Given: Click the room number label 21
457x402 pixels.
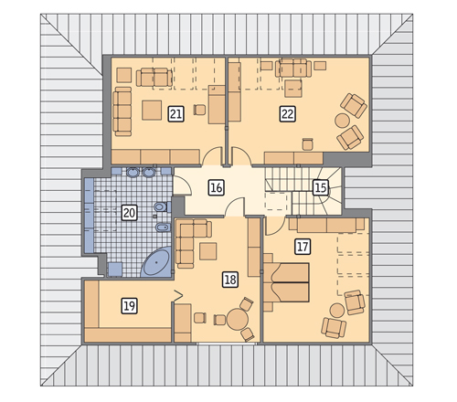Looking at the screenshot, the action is click(x=175, y=114).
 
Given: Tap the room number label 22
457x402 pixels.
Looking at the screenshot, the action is click(x=287, y=114).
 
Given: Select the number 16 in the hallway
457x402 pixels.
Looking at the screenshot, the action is click(x=217, y=187).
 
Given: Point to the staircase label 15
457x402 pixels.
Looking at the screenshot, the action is click(x=321, y=187).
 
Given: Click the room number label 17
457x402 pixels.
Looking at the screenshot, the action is click(x=303, y=247).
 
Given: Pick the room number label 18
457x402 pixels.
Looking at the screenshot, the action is click(x=230, y=280).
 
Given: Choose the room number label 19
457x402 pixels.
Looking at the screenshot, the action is click(x=129, y=306).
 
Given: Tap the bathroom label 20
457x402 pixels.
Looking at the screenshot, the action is click(x=129, y=213).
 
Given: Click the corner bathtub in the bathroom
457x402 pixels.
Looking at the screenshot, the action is click(x=156, y=262).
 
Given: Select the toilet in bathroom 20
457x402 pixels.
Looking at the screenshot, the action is click(x=162, y=207).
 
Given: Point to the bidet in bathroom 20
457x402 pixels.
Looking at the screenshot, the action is click(x=164, y=227).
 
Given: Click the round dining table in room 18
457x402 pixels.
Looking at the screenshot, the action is click(x=238, y=319).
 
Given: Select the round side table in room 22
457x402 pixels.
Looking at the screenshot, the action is click(x=342, y=121).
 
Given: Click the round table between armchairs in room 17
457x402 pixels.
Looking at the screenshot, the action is click(x=337, y=311).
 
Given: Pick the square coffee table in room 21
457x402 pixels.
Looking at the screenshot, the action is click(x=152, y=111).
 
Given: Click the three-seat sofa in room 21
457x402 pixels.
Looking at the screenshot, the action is click(x=122, y=111).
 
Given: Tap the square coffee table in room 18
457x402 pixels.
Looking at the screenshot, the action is click(x=208, y=251).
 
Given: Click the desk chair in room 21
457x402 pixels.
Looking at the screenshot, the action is click(x=199, y=110).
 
